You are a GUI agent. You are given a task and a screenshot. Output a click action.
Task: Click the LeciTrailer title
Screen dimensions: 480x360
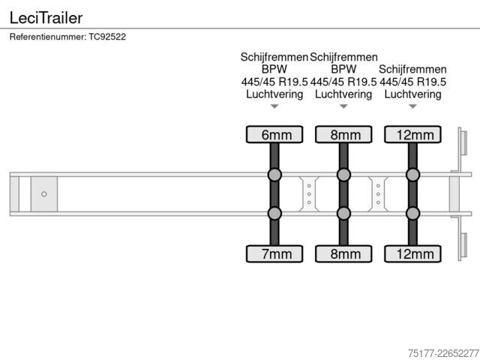[x=46, y=18]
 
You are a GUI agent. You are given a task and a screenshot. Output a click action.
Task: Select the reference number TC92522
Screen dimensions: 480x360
[x=107, y=37]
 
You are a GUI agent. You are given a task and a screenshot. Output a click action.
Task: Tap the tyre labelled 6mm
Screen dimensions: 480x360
[x=274, y=134]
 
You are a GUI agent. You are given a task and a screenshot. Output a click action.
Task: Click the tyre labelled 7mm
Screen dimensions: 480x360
[x=274, y=253]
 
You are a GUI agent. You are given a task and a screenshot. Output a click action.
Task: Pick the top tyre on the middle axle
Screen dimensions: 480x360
[x=343, y=134]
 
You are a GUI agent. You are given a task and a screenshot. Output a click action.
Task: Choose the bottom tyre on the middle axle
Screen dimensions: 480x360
[x=343, y=253]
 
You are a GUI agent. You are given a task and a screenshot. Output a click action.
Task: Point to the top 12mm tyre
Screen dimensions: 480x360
[x=412, y=134]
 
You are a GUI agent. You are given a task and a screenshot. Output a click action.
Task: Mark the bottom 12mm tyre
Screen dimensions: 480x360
[x=412, y=253]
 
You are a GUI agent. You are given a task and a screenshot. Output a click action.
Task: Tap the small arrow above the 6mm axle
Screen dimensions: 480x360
[x=274, y=106]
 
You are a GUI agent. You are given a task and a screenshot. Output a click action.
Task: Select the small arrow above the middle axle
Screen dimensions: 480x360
[x=343, y=106]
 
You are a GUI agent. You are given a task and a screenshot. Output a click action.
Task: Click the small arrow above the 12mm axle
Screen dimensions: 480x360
[x=412, y=106]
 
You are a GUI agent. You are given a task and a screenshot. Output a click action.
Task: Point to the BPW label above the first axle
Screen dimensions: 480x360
[x=274, y=69]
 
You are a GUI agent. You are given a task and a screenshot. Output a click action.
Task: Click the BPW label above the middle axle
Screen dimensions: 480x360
[x=343, y=69]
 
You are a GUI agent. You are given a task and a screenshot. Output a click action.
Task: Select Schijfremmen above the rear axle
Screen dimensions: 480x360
[x=412, y=70]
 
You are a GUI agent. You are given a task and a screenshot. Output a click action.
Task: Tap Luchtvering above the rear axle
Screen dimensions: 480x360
[x=412, y=94]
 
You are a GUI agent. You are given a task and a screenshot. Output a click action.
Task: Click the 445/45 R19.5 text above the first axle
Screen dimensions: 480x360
[x=274, y=82]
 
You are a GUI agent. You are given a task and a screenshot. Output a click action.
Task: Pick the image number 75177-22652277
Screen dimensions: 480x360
[x=443, y=353]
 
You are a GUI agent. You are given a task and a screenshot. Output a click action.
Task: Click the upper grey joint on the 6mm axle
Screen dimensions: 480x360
[x=274, y=175]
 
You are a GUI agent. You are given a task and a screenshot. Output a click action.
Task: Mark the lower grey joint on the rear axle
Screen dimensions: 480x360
[x=412, y=213]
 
